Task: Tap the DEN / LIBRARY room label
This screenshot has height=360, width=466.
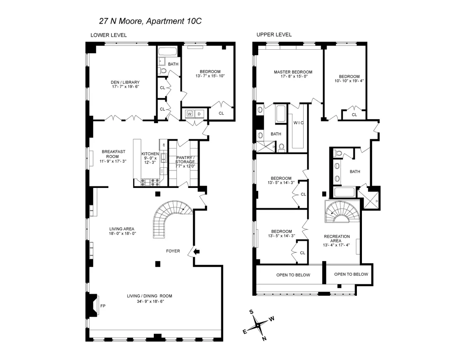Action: click(125, 82)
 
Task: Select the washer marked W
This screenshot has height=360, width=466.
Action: click(190, 114)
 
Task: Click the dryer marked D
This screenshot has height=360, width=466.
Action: click(200, 114)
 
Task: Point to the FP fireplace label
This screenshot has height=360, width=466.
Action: click(103, 306)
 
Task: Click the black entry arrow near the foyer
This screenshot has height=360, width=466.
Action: click(197, 252)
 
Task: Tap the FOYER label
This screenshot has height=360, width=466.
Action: click(173, 251)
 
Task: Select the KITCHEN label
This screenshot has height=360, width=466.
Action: click(150, 154)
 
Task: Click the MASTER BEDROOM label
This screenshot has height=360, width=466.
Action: click(293, 72)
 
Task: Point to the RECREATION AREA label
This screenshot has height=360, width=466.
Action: click(337, 238)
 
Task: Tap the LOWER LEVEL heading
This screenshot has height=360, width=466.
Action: click(108, 35)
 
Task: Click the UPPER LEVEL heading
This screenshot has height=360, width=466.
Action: click(274, 35)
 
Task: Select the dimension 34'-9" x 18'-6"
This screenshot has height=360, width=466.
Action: click(149, 301)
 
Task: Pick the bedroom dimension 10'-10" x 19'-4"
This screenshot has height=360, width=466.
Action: click(349, 81)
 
